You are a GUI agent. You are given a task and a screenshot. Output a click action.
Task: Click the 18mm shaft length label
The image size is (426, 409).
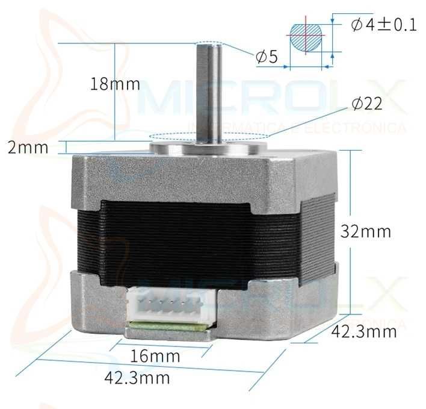[x=115, y=84]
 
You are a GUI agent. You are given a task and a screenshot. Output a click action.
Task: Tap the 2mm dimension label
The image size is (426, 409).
[x=28, y=148]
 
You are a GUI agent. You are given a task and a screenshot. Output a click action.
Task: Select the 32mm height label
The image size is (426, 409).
[x=365, y=231]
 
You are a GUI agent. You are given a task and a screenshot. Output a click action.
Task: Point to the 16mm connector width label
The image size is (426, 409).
[x=155, y=356]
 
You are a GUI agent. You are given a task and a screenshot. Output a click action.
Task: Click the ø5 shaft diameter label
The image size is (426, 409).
[x=267, y=57]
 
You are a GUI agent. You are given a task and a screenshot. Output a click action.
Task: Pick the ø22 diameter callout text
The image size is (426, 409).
[x=367, y=103]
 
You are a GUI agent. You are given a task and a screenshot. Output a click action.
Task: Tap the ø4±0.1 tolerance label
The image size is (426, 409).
[x=383, y=25]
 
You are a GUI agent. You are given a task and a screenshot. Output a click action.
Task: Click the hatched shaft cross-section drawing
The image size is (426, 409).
[x=306, y=37]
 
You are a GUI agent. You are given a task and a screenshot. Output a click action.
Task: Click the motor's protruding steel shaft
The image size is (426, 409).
[x=209, y=93]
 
